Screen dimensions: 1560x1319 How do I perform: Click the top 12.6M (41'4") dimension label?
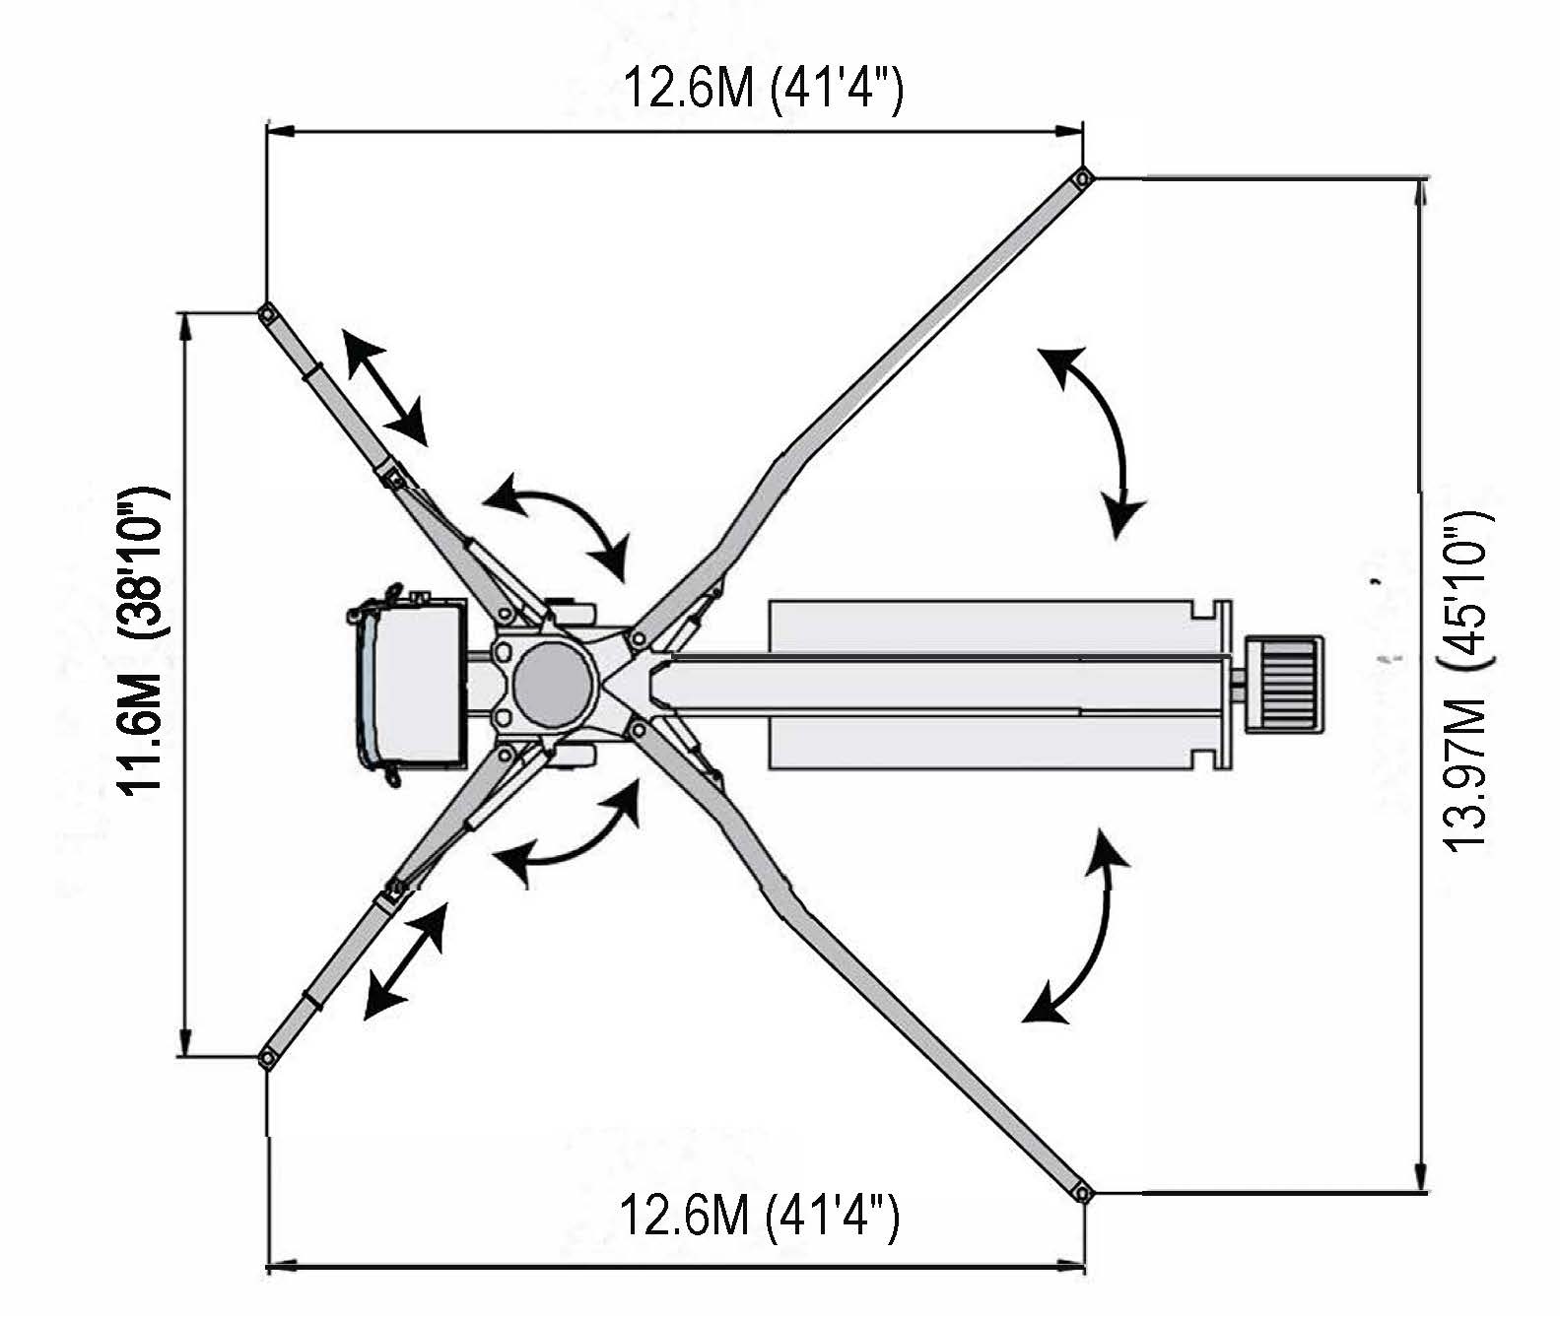pyautogui.click(x=763, y=89)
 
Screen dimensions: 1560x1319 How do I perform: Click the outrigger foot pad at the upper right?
pyautogui.click(x=1082, y=178)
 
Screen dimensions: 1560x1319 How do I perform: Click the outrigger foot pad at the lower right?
pyautogui.click(x=1082, y=1193)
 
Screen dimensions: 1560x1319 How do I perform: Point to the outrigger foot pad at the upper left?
pyautogui.click(x=266, y=313)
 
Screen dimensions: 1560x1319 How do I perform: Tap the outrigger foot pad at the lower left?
pyautogui.click(x=266, y=1057)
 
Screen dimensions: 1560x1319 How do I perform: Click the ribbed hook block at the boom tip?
pyautogui.click(x=1284, y=685)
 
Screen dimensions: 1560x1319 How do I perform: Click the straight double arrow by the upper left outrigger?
pyautogui.click(x=384, y=388)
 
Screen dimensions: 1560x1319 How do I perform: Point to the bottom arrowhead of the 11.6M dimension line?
pyautogui.click(x=183, y=1042)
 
